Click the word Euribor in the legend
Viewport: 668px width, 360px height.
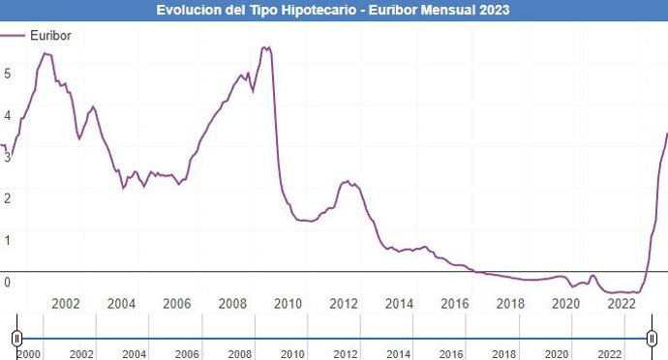pos(50,36)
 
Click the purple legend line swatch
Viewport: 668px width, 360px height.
pos(14,36)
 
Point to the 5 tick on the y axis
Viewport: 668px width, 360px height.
pos(7,73)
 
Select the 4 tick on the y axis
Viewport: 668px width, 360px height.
pos(7,114)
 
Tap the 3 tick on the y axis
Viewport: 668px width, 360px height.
pos(7,156)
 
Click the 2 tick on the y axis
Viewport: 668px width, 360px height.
pos(7,197)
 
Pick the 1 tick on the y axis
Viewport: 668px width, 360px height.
pos(7,239)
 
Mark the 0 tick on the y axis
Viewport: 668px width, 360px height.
pos(7,282)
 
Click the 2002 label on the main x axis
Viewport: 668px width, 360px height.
pos(66,304)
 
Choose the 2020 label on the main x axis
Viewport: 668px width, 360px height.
pos(567,304)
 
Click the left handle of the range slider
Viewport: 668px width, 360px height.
pos(16,338)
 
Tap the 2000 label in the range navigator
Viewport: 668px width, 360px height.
pos(29,354)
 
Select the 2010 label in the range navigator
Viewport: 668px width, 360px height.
pos(293,354)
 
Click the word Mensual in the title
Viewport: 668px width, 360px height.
pos(442,10)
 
